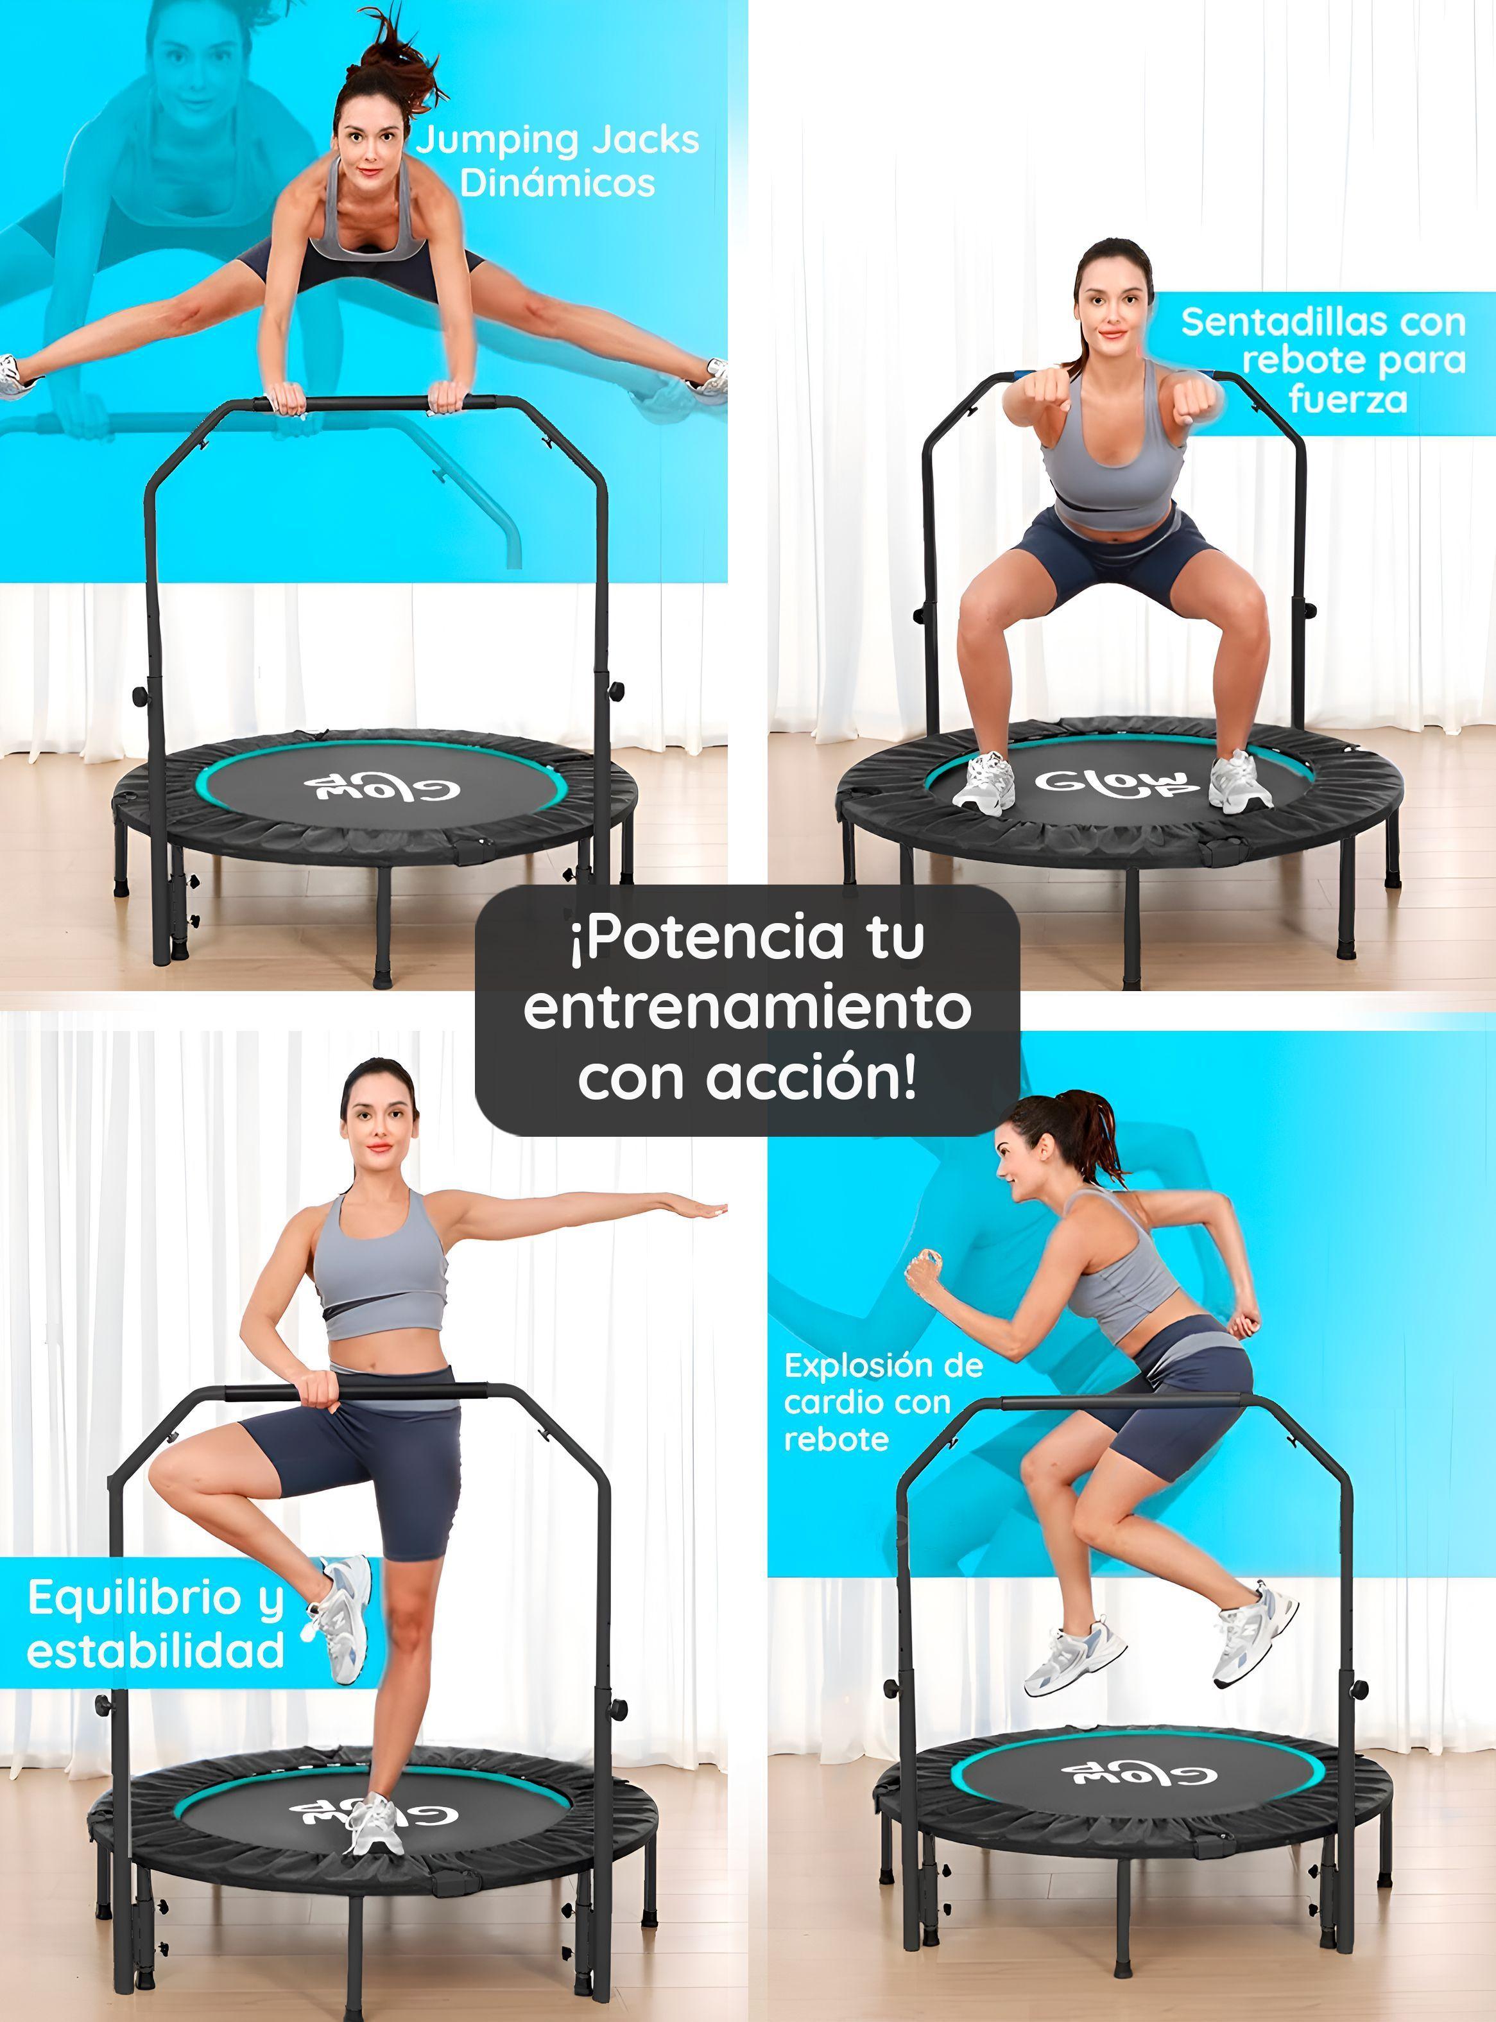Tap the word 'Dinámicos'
pos(557,183)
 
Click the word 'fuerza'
pos(1348,399)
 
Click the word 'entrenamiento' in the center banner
pos(747,1007)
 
